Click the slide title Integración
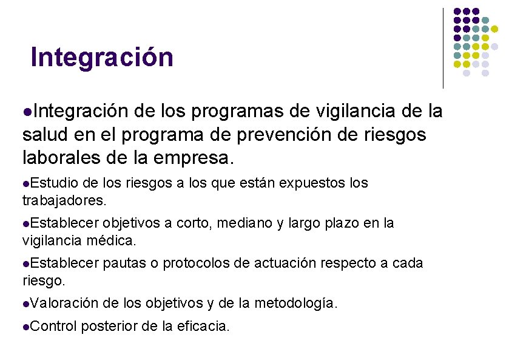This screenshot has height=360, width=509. [102, 58]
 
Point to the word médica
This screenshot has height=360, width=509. [115, 240]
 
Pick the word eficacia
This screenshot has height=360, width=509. [203, 326]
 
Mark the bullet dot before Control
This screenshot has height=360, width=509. [25, 327]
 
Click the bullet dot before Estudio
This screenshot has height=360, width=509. [25, 183]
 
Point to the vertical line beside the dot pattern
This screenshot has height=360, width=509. [443, 49]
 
